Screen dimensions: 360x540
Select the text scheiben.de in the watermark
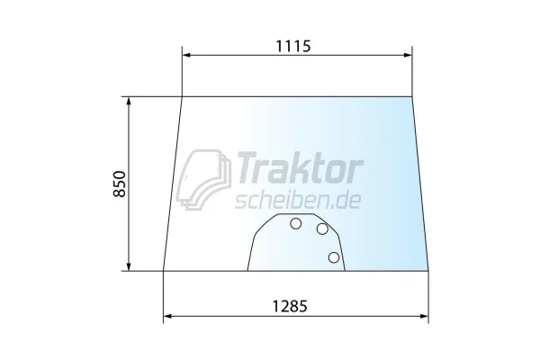coord(296,199)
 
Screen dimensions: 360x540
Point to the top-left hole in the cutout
coord(295,224)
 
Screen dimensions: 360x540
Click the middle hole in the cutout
coord(322,229)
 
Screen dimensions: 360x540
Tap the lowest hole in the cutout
coord(334,258)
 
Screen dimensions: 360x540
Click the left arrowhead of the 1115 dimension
coord(186,56)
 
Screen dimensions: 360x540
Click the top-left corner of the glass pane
coord(182,96)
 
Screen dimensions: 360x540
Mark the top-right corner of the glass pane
coord(412,96)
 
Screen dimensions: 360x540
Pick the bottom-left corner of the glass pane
coord(164,269)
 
